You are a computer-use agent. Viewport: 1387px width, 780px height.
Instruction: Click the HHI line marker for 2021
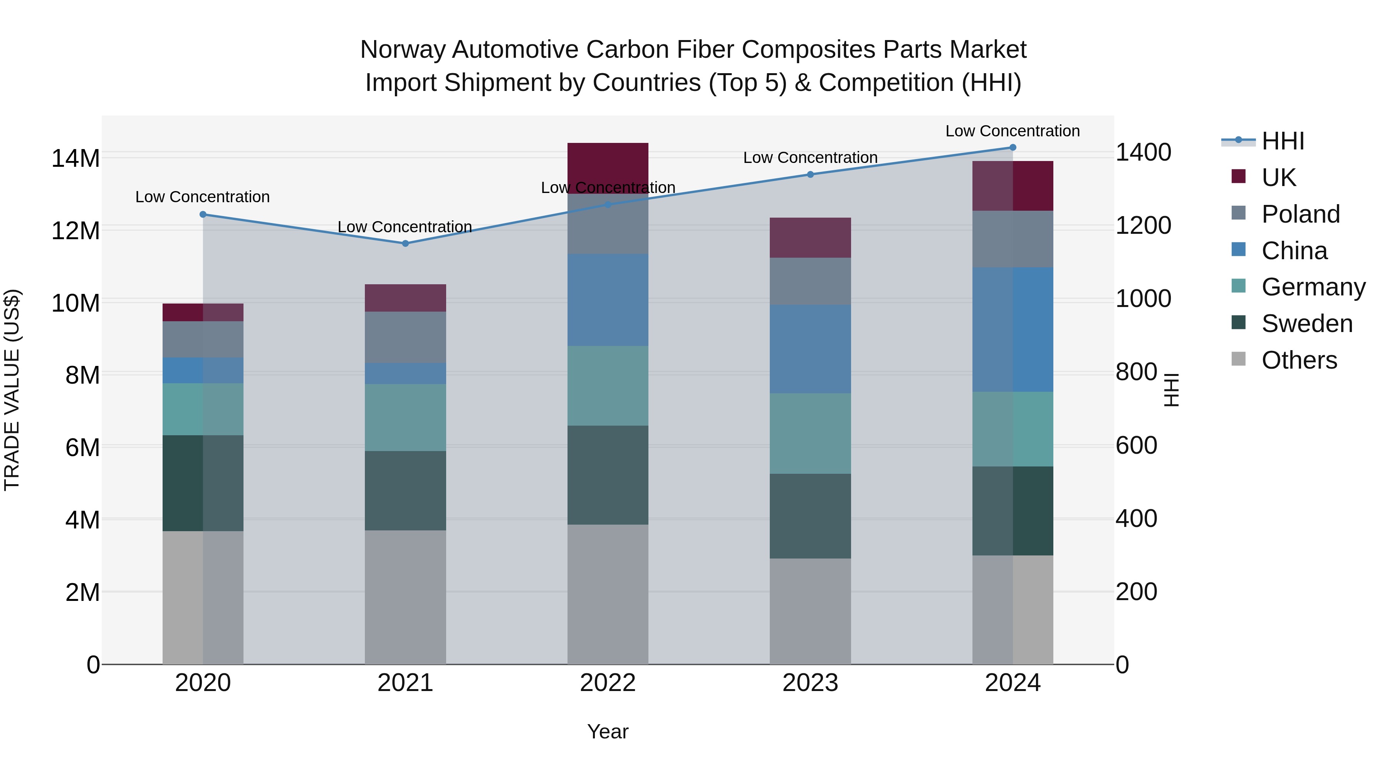(405, 243)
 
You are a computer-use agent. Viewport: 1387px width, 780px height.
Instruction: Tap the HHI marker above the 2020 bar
(203, 214)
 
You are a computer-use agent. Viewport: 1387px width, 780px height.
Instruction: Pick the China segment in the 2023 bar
(810, 349)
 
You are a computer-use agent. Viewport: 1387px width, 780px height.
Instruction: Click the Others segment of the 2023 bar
(810, 611)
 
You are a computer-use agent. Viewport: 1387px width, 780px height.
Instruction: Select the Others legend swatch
(1238, 359)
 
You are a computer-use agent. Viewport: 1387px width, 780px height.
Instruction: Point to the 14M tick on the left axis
(76, 158)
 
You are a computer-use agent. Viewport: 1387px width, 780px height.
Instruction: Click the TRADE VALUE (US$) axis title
(12, 390)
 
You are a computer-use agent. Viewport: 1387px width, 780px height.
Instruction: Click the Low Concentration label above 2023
(810, 158)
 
